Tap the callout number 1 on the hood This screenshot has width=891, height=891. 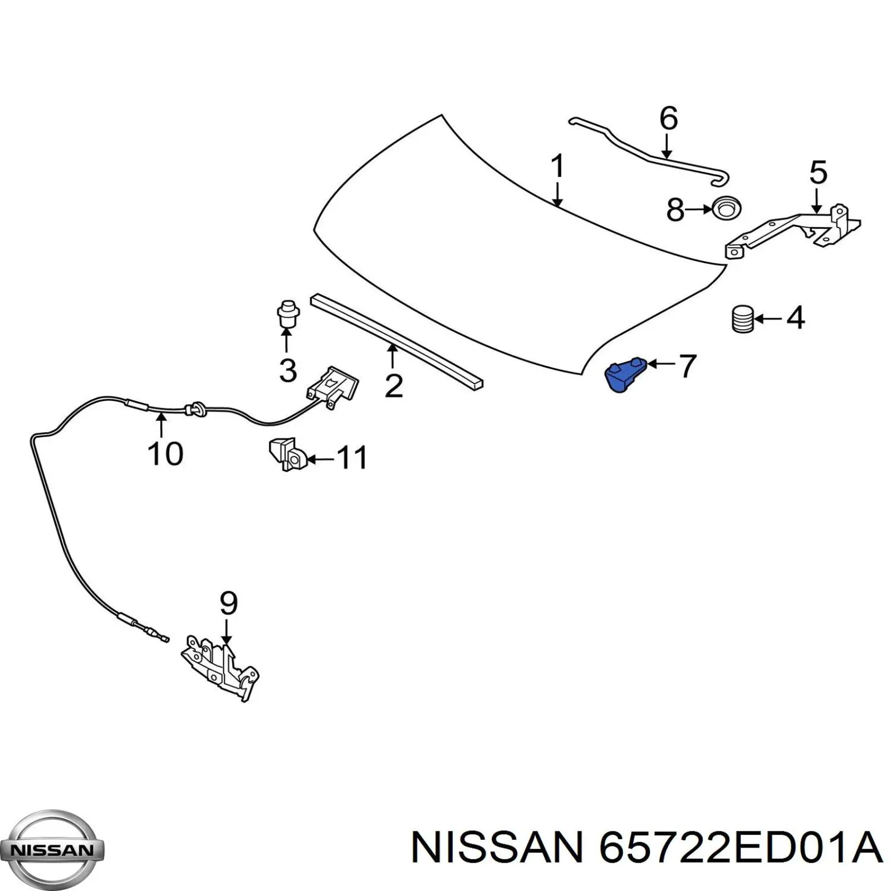pos(557,166)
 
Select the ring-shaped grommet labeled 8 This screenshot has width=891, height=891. pos(726,208)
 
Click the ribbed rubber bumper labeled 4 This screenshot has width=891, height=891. pos(742,320)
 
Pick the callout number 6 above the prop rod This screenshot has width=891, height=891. pos(668,119)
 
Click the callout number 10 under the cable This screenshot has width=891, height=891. pos(165,453)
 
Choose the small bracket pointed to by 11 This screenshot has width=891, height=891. pos(287,454)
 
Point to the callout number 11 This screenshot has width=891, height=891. pos(353,458)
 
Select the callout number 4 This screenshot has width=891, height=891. pos(795,319)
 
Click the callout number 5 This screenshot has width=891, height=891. pos(817,173)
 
